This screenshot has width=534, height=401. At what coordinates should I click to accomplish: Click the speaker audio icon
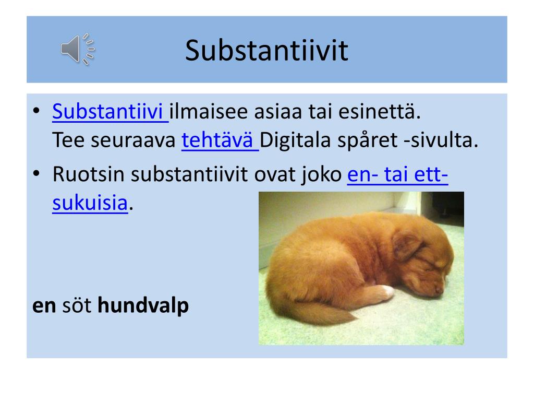pos(78,49)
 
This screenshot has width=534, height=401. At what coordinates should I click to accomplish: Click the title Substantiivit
pos(266,51)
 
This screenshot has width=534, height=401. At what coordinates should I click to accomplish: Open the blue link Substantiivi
pos(107,112)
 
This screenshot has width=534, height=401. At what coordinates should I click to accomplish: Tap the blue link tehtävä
pos(217,140)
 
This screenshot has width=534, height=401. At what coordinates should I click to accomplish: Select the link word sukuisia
pos(90,203)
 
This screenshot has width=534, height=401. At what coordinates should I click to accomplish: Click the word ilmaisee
pos(209,112)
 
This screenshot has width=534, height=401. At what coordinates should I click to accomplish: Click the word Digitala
pos(295,140)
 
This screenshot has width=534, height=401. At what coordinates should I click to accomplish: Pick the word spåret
pos(367,140)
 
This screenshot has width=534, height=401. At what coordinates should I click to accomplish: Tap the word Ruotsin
pos(89,174)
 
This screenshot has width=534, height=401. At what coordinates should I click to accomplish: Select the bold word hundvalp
pos(143,305)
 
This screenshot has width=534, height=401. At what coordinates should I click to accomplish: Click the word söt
pos(77,305)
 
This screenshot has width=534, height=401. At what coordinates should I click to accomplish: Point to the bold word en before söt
pos(44,306)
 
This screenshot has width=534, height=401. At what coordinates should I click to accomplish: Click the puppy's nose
pos(439,290)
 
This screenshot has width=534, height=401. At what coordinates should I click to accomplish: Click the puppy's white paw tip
pos(387,291)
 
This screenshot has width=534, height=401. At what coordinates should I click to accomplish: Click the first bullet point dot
pos(37,111)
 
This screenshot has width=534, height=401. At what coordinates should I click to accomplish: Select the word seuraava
pos(133,140)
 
